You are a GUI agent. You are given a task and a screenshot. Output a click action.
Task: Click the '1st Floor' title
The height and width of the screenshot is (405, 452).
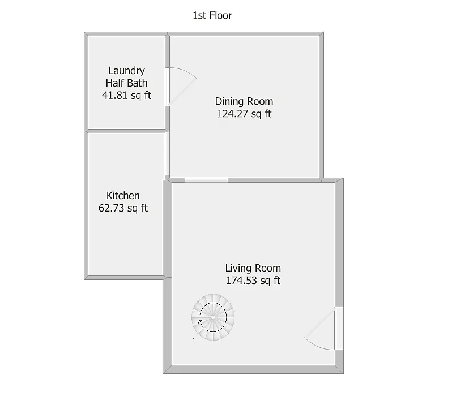pos(212,15)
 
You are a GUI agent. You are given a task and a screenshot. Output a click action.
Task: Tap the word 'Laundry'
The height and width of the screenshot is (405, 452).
pos(126,71)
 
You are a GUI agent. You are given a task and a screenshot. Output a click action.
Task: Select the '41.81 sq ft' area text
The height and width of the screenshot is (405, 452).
pos(126,95)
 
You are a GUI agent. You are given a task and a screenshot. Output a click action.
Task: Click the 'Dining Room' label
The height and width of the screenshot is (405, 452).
pos(244,101)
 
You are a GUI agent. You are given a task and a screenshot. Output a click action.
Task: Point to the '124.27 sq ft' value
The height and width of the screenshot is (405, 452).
pos(244,114)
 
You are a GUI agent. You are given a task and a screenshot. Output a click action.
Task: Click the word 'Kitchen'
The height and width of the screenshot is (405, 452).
pos(123,196)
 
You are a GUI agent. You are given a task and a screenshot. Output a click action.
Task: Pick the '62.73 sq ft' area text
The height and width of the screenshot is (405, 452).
pos(123,208)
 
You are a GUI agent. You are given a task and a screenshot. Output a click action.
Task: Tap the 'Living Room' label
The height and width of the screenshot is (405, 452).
pos(253,268)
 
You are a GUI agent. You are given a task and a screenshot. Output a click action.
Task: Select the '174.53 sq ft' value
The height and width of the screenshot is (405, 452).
pos(253,281)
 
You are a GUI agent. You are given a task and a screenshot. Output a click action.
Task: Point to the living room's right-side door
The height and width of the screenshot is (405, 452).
pos(338,329)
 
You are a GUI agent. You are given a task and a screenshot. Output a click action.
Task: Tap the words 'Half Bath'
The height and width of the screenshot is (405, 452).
pos(126,83)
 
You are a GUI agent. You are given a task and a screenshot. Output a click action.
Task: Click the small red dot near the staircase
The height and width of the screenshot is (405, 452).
pos(193,339)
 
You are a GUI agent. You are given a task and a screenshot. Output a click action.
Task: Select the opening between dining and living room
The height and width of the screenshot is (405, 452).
pos(206,180)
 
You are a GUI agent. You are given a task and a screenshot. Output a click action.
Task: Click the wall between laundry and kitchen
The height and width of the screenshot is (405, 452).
pos(126,131)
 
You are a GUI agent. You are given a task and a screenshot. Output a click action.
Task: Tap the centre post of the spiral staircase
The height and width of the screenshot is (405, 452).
pos(213,318)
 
